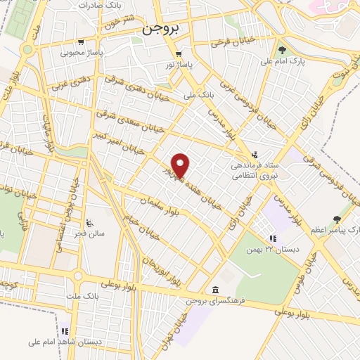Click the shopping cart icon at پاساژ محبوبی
(x=82, y=41)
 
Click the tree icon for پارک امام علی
(x=282, y=50)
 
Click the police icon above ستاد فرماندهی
(x=255, y=155)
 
